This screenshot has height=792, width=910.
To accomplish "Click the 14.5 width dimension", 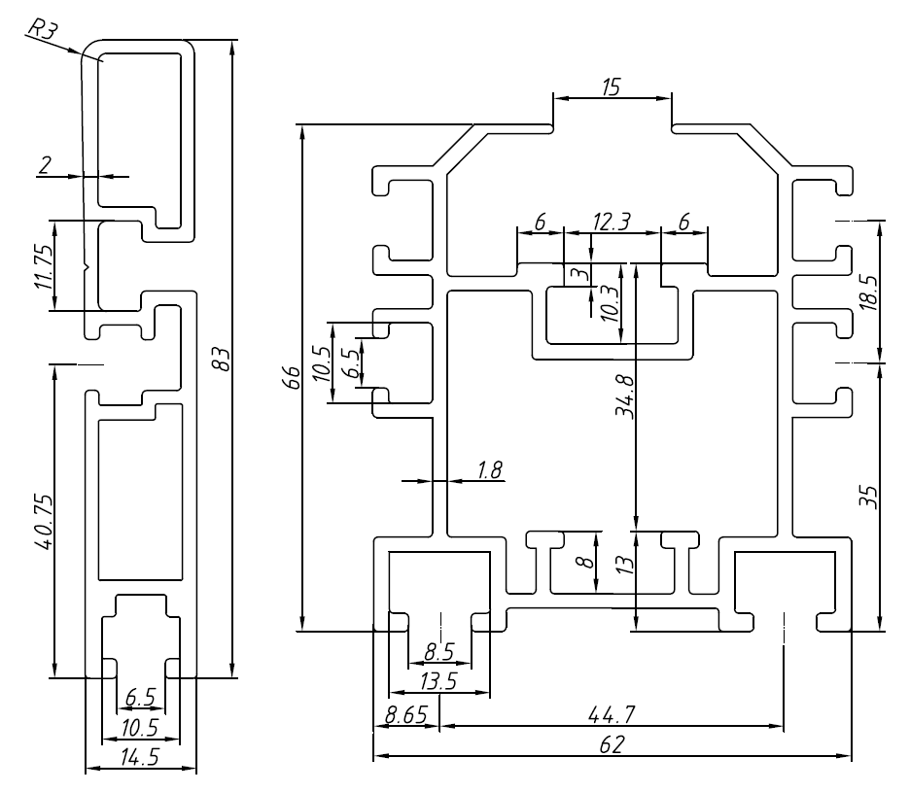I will (x=141, y=758).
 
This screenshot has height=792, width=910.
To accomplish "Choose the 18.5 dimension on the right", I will (x=869, y=292).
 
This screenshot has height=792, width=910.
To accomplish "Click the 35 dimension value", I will (x=869, y=497).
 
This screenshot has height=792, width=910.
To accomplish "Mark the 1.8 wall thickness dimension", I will (x=489, y=470).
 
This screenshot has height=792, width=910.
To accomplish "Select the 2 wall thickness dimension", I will (x=46, y=165).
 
